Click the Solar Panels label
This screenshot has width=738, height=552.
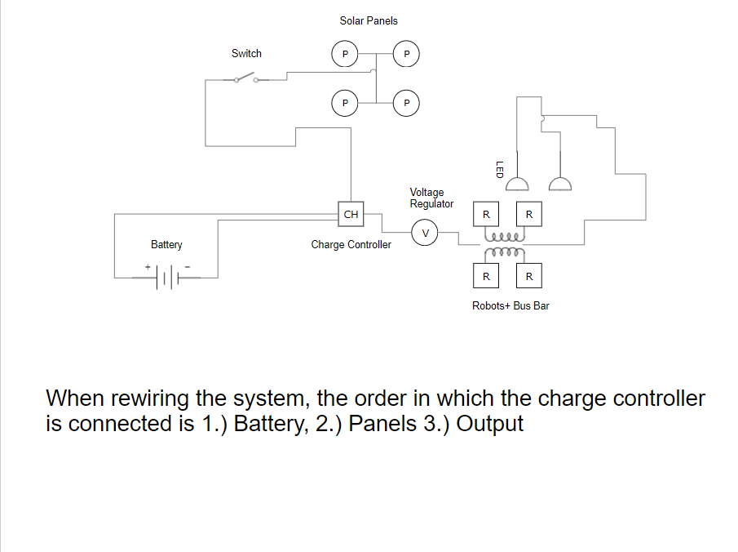[369, 20]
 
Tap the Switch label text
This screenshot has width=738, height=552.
[246, 53]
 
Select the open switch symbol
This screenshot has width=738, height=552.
[244, 78]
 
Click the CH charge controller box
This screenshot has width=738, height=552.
[351, 215]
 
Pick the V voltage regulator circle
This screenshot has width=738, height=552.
[424, 232]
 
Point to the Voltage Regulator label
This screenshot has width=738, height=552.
[431, 198]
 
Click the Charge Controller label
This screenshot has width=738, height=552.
[351, 245]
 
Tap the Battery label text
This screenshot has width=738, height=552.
[166, 245]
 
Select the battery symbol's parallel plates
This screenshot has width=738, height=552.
[167, 278]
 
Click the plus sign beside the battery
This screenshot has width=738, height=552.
[148, 266]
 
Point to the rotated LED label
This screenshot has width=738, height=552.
[499, 169]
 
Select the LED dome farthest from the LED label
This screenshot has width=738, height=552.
[560, 184]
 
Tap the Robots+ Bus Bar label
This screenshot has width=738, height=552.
[516, 306]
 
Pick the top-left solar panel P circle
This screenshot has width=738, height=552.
[345, 54]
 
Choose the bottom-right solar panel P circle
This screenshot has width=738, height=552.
[407, 104]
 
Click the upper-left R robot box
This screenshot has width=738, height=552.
[486, 215]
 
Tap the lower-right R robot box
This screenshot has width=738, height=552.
[529, 276]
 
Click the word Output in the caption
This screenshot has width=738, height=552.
[489, 425]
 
